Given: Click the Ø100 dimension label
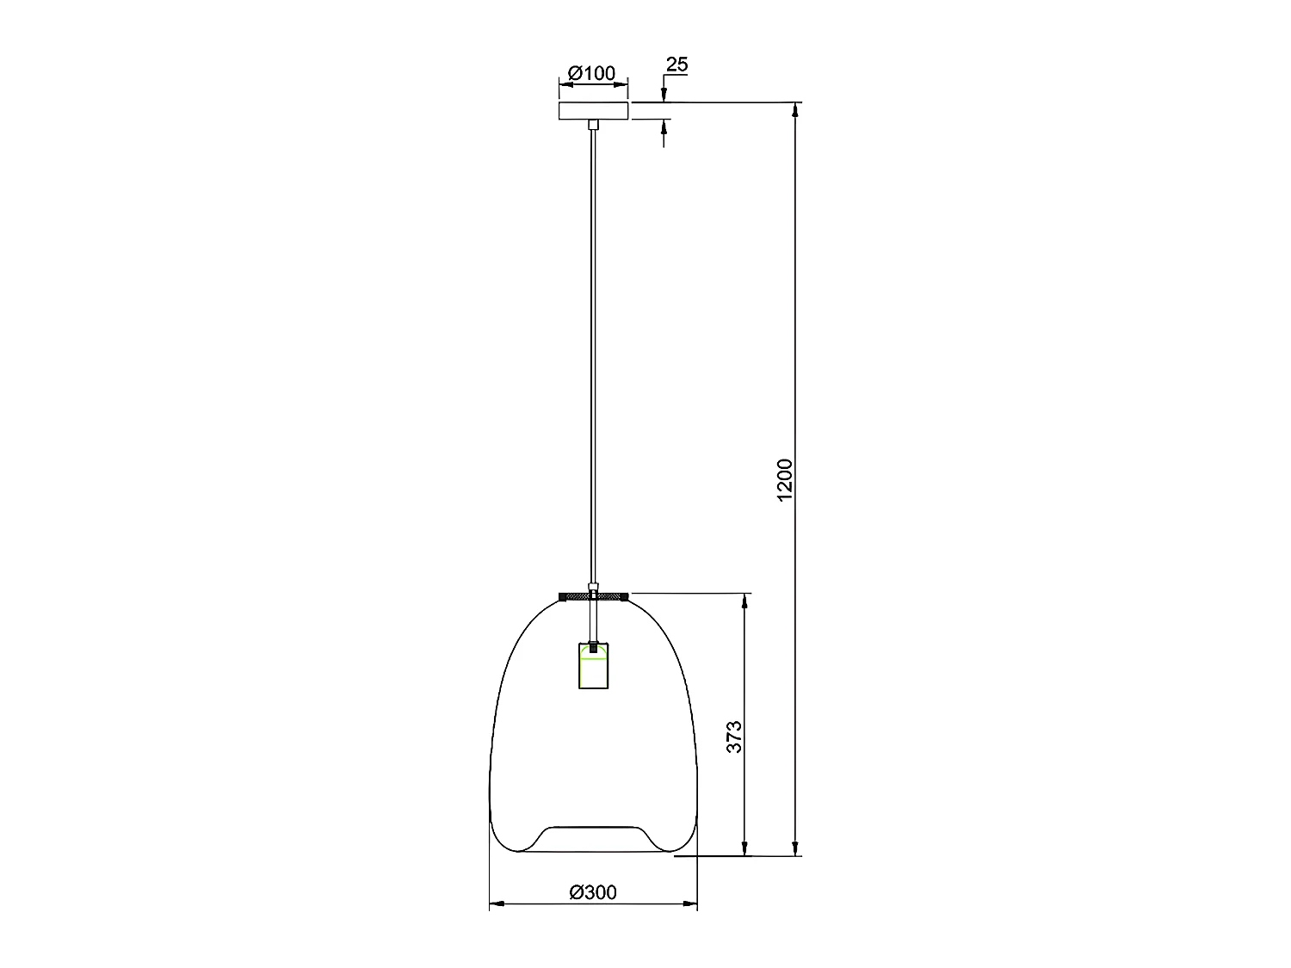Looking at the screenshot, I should (x=593, y=73).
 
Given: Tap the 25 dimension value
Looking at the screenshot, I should (x=677, y=65).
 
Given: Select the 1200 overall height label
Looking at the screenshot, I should (x=784, y=480).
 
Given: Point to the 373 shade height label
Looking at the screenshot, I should (x=734, y=737).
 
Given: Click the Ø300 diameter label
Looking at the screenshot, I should (x=593, y=892).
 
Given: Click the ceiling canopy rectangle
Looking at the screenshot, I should (x=593, y=111).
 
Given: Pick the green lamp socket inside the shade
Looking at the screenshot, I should (x=593, y=664).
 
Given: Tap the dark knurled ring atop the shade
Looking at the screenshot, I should (x=593, y=595).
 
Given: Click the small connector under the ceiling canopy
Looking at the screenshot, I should (x=593, y=125).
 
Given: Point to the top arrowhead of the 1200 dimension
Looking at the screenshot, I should (x=796, y=108).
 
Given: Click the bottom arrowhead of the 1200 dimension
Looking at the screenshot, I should (x=796, y=849).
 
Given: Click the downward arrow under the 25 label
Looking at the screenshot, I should (x=664, y=96).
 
